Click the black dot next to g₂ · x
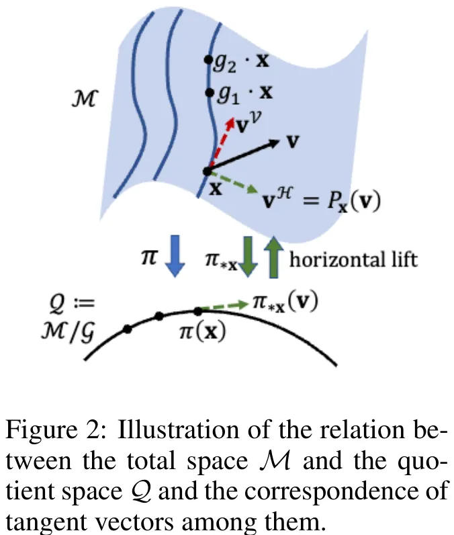pos(209,59)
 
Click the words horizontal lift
pos(353,259)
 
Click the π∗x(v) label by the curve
pos(281,303)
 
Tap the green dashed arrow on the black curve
pos(221,307)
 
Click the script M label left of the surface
pos(85,100)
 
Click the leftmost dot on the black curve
pos(127,329)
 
